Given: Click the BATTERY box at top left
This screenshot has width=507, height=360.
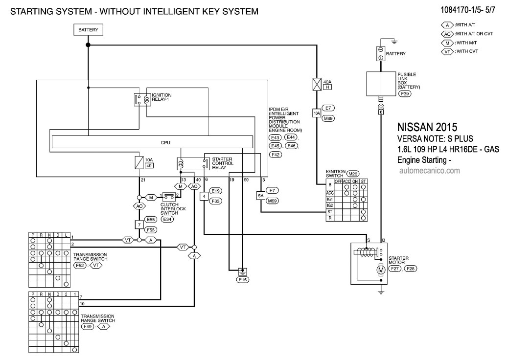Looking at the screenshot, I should click(89, 30).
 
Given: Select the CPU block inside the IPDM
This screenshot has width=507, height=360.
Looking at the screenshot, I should click(152, 142).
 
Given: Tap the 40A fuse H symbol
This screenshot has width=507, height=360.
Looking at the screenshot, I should click(316, 84).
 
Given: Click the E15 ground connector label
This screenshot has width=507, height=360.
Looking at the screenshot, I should click(242, 280).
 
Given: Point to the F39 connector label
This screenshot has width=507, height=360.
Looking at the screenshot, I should click(405, 93).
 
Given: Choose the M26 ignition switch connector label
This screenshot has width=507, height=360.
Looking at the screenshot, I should click(352, 174).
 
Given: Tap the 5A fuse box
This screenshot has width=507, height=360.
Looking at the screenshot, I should click(261, 196).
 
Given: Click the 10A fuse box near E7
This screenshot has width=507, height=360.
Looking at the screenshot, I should click(316, 112).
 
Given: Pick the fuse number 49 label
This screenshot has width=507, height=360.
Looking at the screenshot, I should click(149, 166).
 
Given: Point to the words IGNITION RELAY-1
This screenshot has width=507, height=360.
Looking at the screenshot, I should click(161, 96).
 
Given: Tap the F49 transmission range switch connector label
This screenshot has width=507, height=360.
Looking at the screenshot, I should click(88, 326).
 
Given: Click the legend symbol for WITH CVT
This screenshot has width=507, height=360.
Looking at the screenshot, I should click(447, 51).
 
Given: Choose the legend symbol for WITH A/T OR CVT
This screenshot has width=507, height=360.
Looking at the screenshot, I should click(447, 34).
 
